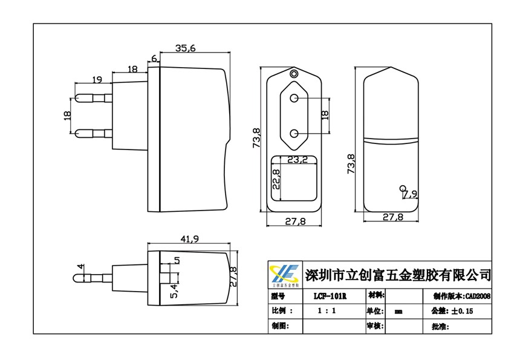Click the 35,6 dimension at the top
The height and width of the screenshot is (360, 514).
tap(186, 49)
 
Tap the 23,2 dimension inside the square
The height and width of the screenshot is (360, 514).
tap(298, 160)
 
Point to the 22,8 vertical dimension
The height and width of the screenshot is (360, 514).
tap(276, 179)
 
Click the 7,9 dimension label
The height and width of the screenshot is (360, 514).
tap(410, 194)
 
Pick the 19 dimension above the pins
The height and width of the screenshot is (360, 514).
tap(97, 79)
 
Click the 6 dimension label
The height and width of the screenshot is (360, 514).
tap(154, 58)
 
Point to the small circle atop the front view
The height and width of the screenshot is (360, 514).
tap(294, 74)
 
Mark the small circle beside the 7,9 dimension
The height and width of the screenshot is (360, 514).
tap(403, 188)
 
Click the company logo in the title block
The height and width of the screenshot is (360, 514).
tap(284, 275)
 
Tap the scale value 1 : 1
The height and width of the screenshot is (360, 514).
tap(327, 311)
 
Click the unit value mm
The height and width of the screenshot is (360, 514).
tap(399, 312)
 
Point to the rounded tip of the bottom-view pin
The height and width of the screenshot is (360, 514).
tap(74, 278)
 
